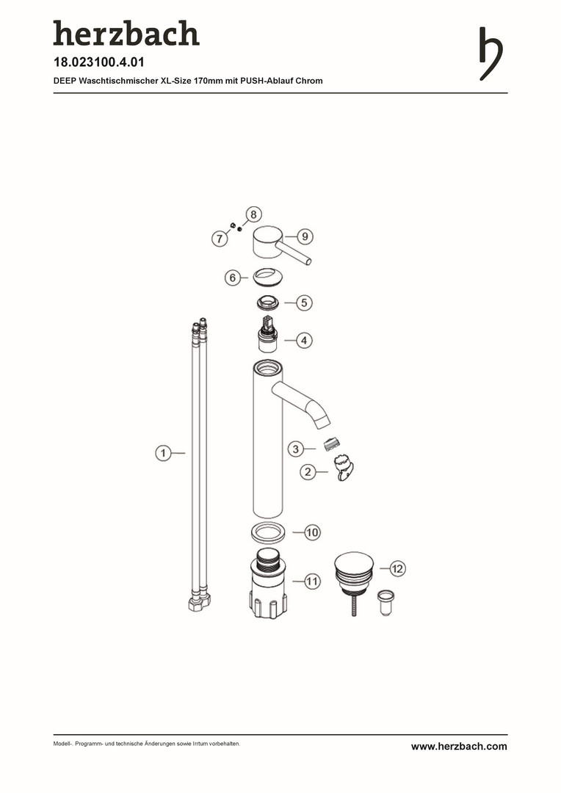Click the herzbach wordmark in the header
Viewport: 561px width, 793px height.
coord(126,33)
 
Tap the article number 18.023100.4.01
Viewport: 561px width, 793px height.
coord(98,62)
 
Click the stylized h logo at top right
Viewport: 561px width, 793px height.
coord(491,54)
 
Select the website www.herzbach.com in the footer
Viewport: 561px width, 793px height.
coord(459,747)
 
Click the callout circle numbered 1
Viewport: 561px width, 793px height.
coord(163,453)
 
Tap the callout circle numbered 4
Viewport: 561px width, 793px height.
coord(304,341)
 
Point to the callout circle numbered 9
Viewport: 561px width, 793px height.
coord(305,236)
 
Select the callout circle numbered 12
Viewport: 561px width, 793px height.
coord(397,568)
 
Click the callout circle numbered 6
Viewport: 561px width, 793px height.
coord(233,278)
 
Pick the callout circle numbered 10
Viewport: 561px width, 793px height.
coord(312,532)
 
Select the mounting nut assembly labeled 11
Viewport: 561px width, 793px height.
coord(268,584)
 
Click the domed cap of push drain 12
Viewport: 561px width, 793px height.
coord(354,564)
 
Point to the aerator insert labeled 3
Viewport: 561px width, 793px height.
coord(330,444)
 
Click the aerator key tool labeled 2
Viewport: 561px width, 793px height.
coord(344,467)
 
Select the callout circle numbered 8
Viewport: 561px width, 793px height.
coord(253,214)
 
